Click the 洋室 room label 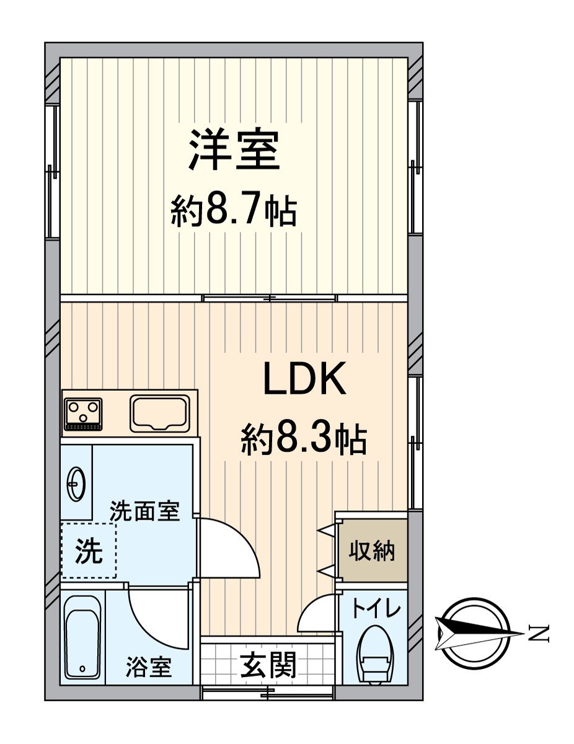pyautogui.click(x=234, y=151)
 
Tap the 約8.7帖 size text pyautogui.click(x=234, y=211)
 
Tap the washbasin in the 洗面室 pyautogui.click(x=76, y=482)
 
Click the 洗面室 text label pyautogui.click(x=144, y=511)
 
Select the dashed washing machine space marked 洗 pyautogui.click(x=89, y=551)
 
